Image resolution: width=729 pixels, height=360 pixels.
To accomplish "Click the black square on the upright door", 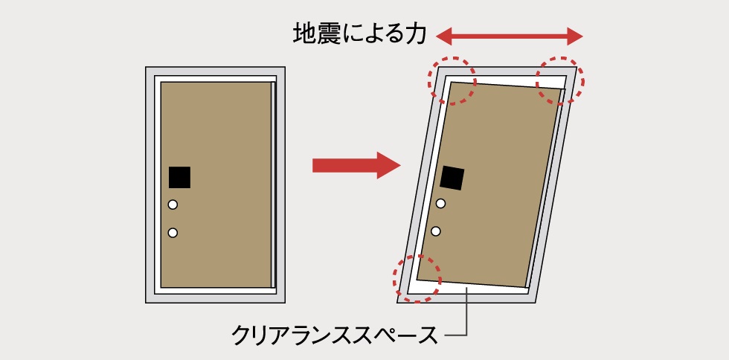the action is click(179, 177).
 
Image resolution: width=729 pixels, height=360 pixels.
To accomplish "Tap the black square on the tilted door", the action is click(452, 178).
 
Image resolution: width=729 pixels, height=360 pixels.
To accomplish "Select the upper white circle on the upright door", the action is click(173, 205).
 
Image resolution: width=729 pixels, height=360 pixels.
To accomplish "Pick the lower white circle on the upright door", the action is click(173, 233).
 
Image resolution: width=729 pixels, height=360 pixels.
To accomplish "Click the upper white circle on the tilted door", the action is click(440, 203).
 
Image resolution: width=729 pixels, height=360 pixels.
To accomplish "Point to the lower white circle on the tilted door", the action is click(436, 231).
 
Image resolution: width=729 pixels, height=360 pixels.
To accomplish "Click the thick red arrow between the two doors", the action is click(356, 165).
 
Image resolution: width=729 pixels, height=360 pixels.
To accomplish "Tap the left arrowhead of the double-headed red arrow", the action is click(443, 36).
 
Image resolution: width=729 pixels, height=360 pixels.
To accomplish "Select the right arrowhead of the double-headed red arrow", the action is click(575, 36).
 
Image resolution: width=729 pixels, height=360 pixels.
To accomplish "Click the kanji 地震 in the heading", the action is click(315, 35).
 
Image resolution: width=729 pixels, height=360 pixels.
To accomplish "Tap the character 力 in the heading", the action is click(415, 35).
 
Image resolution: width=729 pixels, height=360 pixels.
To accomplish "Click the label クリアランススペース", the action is click(334, 335).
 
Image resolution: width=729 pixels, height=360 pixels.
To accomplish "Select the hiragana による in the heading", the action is click(371, 36).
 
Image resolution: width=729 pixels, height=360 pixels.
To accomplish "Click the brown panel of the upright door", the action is click(216, 184).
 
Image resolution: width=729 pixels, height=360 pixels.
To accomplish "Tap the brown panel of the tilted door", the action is click(489, 184).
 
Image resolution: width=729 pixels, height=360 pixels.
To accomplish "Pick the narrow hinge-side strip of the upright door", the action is click(274, 184).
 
